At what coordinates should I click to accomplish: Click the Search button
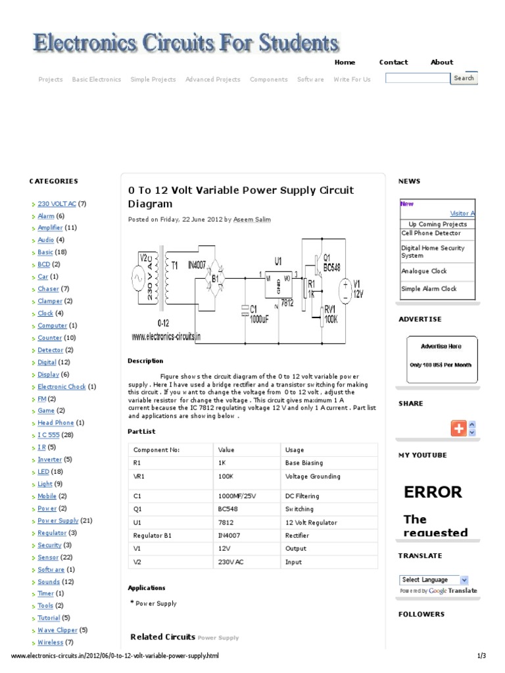click(x=464, y=78)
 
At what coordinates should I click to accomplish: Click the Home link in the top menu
click(x=345, y=62)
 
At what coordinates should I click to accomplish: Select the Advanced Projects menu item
click(x=212, y=80)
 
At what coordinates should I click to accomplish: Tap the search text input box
click(x=417, y=78)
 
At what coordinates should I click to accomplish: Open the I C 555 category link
click(x=48, y=435)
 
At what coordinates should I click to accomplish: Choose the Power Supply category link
click(x=58, y=521)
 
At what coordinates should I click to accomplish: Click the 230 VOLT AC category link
click(x=57, y=204)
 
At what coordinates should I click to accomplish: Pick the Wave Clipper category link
click(x=57, y=630)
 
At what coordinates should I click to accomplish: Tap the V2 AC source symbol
click(x=140, y=279)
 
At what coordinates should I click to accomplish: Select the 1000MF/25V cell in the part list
click(x=237, y=496)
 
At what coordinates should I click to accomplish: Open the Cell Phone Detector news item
click(x=431, y=233)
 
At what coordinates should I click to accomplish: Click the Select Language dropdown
click(x=434, y=580)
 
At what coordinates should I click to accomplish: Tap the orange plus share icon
click(x=458, y=429)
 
